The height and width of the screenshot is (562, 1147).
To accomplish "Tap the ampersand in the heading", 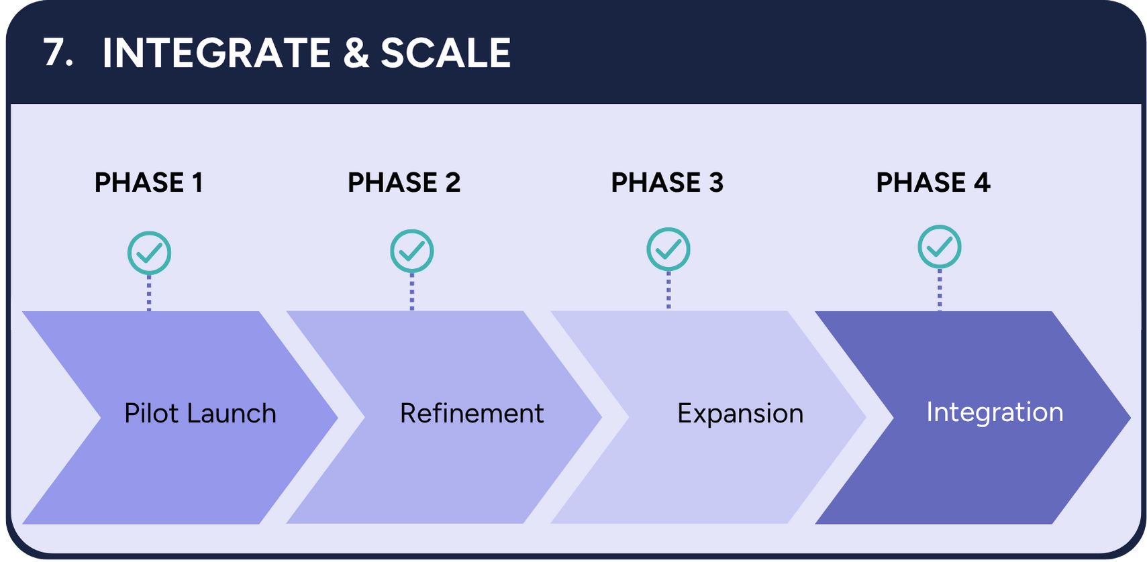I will (x=356, y=53).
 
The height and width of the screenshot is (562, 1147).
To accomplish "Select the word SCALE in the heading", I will (x=446, y=53).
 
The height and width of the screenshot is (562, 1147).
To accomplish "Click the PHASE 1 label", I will (x=148, y=182).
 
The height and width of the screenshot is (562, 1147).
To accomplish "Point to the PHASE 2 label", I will (x=404, y=182).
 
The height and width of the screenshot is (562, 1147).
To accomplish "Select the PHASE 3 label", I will (x=667, y=182).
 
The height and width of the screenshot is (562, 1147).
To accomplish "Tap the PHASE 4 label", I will (x=933, y=182).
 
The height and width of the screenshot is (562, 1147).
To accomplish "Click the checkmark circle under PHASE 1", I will (x=149, y=253).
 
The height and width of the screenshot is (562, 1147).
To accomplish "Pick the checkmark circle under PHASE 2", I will (x=412, y=251).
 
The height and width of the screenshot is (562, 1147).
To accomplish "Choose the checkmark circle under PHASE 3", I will (x=668, y=249).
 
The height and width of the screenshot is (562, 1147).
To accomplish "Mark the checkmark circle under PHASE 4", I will (x=940, y=247).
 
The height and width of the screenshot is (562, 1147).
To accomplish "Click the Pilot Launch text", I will (x=200, y=413).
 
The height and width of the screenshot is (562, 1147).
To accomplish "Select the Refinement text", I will (x=471, y=413).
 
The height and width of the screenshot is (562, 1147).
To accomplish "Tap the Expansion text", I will (x=740, y=413).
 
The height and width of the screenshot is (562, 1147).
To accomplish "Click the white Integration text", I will (x=995, y=412).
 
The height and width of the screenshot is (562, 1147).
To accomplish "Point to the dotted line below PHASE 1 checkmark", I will (x=149, y=293).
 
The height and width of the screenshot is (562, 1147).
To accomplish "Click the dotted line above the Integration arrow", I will (x=940, y=290).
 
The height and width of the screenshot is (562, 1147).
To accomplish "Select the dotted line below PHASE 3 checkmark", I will (x=668, y=290).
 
